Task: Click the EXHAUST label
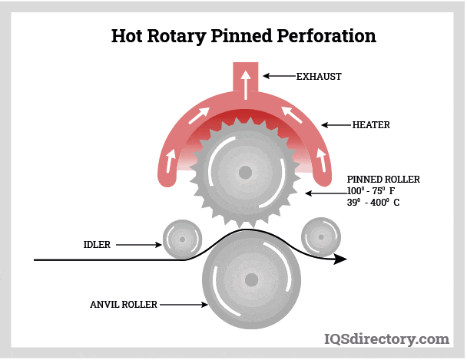[x=319, y=77]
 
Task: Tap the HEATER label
[x=371, y=124]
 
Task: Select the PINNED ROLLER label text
[x=383, y=180]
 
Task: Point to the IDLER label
[x=97, y=245]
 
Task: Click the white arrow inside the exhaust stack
[x=245, y=84]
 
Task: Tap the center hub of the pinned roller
[x=245, y=172]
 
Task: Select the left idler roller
[x=182, y=238]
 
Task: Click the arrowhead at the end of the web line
[x=339, y=259]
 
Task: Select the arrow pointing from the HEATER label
[x=336, y=124]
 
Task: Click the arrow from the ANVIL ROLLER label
[x=184, y=305]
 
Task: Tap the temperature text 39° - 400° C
[x=373, y=203]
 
